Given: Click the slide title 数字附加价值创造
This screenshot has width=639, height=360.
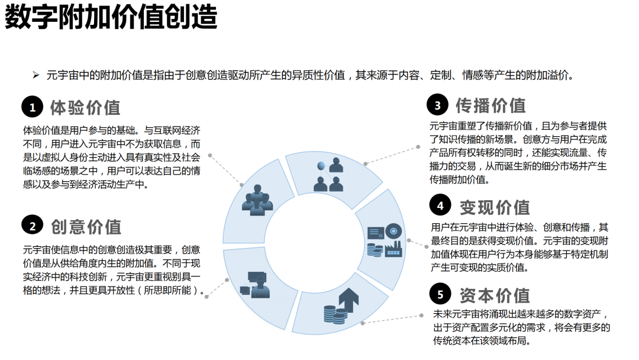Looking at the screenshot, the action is tap(111, 17).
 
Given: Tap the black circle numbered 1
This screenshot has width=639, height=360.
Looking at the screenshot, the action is tap(32, 107).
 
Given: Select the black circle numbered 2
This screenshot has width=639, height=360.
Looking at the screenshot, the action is tap(32, 226).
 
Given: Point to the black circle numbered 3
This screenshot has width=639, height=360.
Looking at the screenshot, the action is tap(437, 105).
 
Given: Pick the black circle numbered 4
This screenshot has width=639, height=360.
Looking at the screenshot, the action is tap(440, 205).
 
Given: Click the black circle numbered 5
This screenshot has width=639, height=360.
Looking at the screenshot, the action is tap(440, 294).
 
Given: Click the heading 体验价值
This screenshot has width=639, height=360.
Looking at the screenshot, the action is tap(85, 108).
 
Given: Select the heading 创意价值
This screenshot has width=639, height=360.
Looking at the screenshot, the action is tap(86, 227).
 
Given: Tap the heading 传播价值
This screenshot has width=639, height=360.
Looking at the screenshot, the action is tap(490, 105).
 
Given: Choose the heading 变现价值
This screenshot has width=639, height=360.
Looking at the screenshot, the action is tap(495, 207).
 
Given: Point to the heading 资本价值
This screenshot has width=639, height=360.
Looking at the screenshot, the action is tap(495, 295).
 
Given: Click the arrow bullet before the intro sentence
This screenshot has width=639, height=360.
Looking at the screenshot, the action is tap(36, 75).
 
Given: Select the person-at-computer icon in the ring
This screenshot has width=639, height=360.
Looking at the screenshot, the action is tap(255, 285).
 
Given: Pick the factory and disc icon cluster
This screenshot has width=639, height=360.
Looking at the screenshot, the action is tap(385, 240).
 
